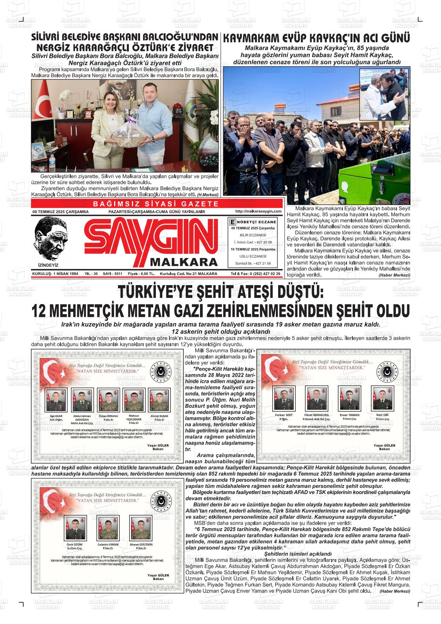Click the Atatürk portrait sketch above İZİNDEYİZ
pos(48,238)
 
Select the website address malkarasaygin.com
pos(258,211)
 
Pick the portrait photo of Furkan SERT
pos(284,398)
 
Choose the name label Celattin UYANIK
pos(108,544)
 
